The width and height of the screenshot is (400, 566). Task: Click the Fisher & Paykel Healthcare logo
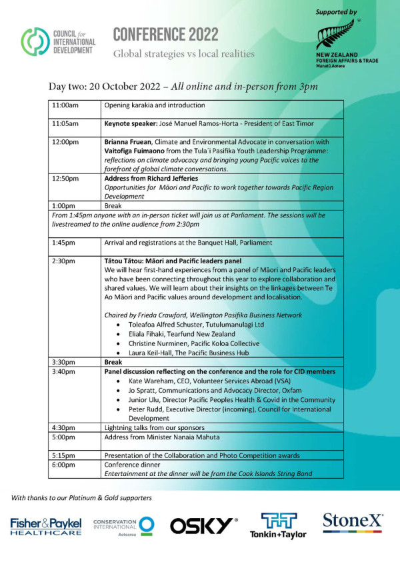[x=45, y=526]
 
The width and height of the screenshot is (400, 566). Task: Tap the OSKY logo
[x=203, y=526]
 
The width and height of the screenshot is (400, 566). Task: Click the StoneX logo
[x=353, y=523]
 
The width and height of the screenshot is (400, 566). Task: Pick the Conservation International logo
[x=124, y=526]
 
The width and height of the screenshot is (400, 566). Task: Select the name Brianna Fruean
[x=131, y=142]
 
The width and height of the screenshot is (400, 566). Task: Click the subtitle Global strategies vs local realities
[x=183, y=54]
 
